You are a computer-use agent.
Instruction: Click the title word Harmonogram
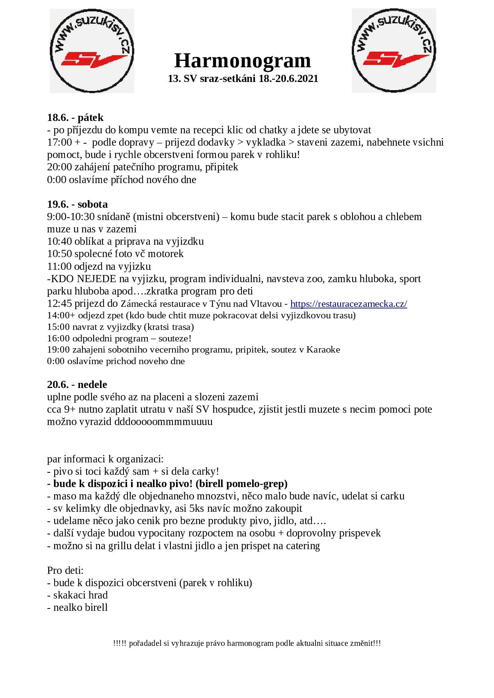243,61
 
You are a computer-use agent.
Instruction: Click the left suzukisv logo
92,51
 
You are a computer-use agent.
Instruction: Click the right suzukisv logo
394,51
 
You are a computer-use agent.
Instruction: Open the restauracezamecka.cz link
349,304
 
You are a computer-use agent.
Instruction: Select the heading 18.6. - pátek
75,117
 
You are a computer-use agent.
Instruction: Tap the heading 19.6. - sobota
77,204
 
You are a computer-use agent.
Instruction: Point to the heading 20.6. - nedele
77,384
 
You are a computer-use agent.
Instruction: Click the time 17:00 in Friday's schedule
59,142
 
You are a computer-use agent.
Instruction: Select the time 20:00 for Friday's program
59,167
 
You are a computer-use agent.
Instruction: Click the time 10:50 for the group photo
59,253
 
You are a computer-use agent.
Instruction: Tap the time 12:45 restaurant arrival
59,304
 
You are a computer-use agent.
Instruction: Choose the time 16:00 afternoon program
59,338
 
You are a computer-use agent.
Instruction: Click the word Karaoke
323,350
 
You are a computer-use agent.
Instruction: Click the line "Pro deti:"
65,570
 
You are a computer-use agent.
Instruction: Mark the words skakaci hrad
80,595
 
